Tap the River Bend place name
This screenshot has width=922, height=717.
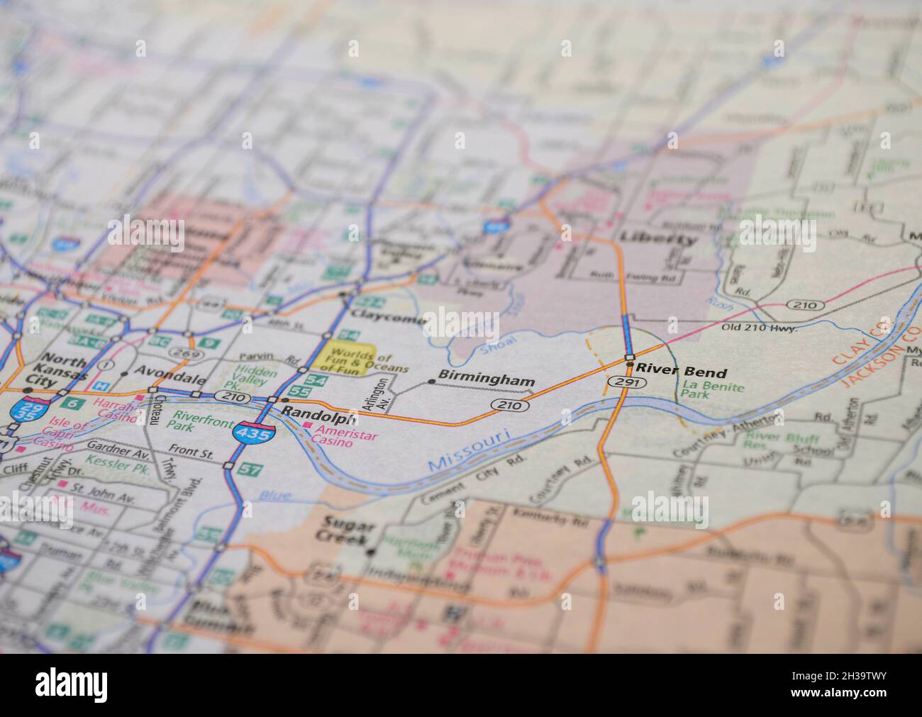682,372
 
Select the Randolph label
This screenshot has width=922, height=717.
318,411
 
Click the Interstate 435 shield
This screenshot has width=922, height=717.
254,433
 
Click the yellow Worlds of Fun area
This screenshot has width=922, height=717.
340,359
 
